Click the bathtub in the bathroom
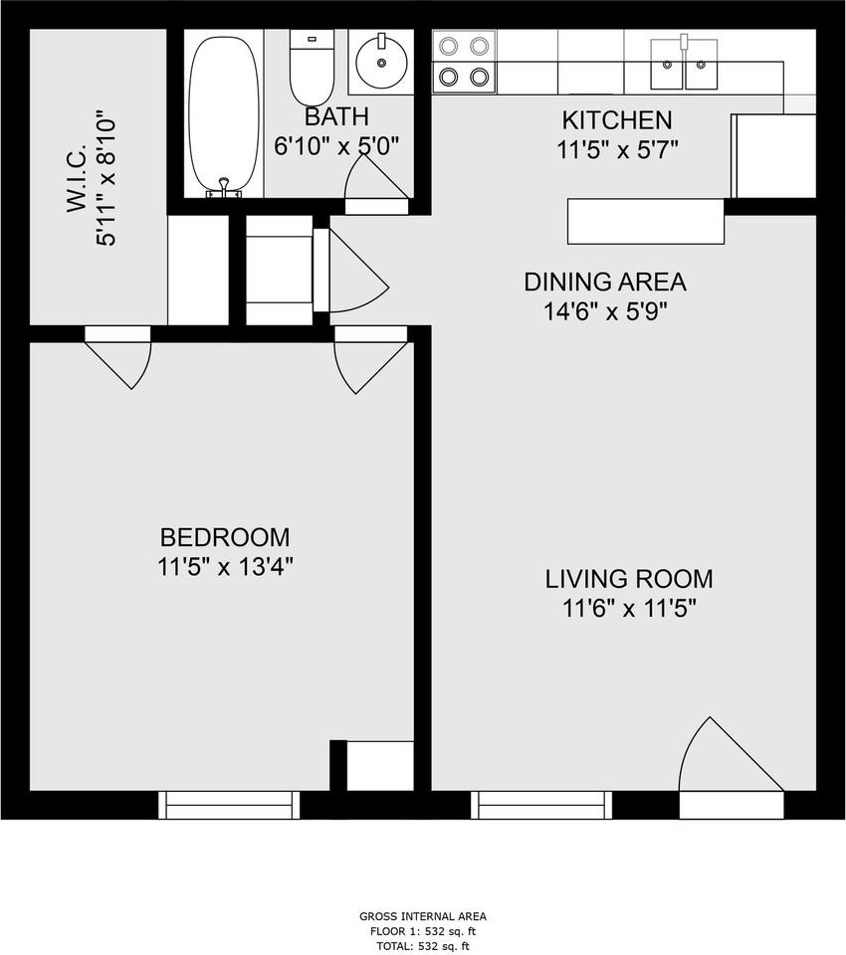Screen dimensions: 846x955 pos(223,115)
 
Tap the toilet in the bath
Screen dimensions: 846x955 pos(312,69)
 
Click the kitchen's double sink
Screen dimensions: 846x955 pos(685,64)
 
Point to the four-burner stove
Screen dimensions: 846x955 pos(465,62)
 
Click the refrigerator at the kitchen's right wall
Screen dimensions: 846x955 pos(773,155)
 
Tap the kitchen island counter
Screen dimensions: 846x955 pos(646,221)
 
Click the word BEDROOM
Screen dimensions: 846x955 pos(225,537)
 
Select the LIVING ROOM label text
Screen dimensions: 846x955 pos(629,579)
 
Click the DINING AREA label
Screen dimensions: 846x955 pos(605,282)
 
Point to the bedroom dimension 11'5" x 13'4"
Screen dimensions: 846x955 pos(226,568)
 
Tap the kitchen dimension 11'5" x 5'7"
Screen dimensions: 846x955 pos(617,149)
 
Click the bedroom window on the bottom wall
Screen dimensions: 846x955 pos(229,805)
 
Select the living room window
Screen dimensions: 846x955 pos(541,805)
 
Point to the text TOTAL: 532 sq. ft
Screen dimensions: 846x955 pos(422,946)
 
